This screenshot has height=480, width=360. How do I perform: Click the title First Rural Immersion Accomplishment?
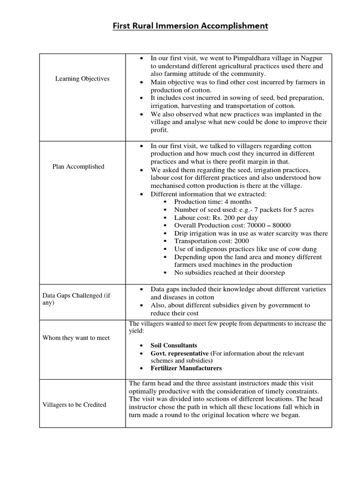[190, 26]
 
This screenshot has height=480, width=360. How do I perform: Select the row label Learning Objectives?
[82, 79]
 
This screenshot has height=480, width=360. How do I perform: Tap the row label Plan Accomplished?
[78, 166]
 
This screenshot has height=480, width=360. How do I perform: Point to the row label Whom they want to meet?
[76, 338]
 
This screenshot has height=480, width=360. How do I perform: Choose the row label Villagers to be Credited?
[74, 405]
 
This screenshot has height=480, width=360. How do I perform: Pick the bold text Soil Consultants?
[174, 345]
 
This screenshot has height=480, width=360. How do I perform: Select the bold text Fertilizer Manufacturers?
[186, 368]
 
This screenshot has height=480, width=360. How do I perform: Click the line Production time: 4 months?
[212, 202]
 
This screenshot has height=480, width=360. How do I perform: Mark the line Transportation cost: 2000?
[211, 241]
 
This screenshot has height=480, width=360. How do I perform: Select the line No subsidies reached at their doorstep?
[229, 273]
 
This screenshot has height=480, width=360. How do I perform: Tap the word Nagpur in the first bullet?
[313, 58]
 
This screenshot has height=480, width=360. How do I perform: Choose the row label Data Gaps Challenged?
[76, 299]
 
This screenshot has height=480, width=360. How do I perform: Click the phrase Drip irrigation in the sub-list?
[196, 233]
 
